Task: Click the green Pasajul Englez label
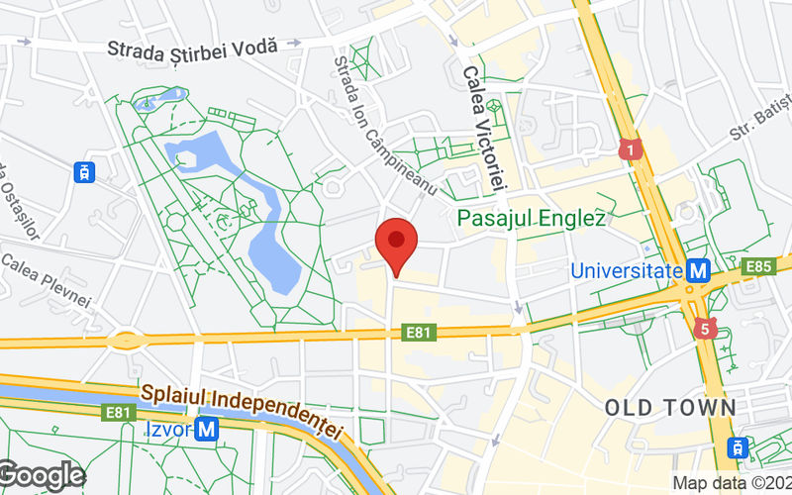coord(531,217)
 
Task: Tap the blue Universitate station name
coord(627,269)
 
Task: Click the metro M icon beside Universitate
coord(700,269)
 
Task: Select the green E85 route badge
coord(759,266)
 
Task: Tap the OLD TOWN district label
coord(670,407)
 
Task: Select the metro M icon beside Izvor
coord(207,430)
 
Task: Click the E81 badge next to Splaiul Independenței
coord(118,413)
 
